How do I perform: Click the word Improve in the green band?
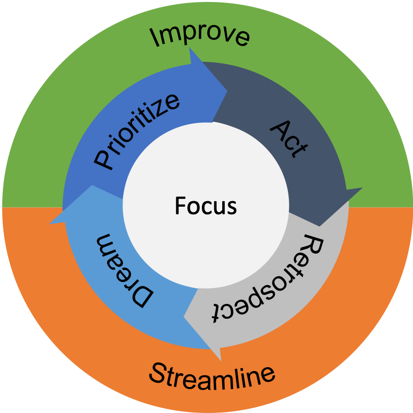[200, 36]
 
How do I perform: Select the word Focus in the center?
[206, 205]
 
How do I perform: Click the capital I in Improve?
[154, 38]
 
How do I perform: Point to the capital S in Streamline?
[158, 374]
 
